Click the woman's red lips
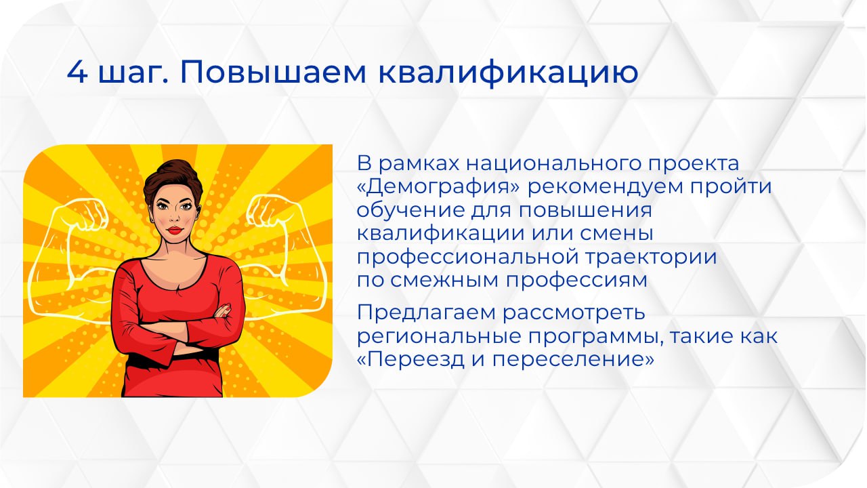[175, 229]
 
